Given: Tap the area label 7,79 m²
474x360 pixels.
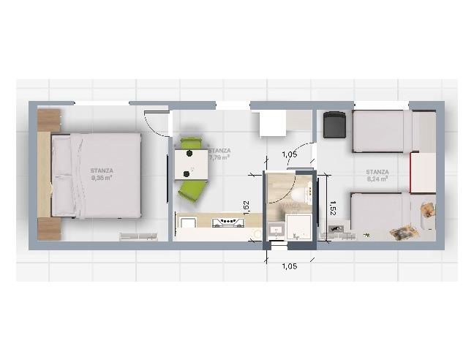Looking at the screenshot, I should (x=219, y=157).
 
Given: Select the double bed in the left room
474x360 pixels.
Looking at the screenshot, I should (x=95, y=175).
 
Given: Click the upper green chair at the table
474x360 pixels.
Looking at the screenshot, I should (x=191, y=143).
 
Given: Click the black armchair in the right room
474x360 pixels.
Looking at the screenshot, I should (x=334, y=124).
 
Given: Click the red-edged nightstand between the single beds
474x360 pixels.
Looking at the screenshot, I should (x=423, y=173).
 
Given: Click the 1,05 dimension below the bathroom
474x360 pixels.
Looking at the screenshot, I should (x=290, y=266).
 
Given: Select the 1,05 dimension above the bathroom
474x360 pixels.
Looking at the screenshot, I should (x=290, y=154).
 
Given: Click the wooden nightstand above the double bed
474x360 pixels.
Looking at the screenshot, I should (x=48, y=120).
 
